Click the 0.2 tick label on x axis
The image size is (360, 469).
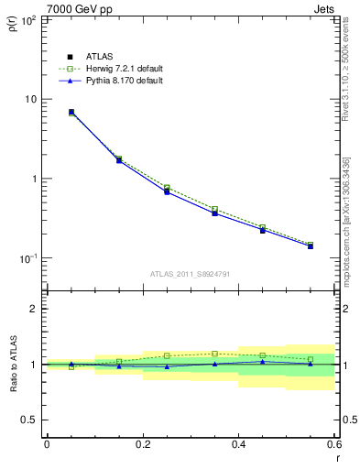click(x=142, y=444)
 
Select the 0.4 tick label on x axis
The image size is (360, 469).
click(x=238, y=444)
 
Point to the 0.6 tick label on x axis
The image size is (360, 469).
click(x=333, y=444)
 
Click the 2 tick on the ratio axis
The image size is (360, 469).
click(x=35, y=309)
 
